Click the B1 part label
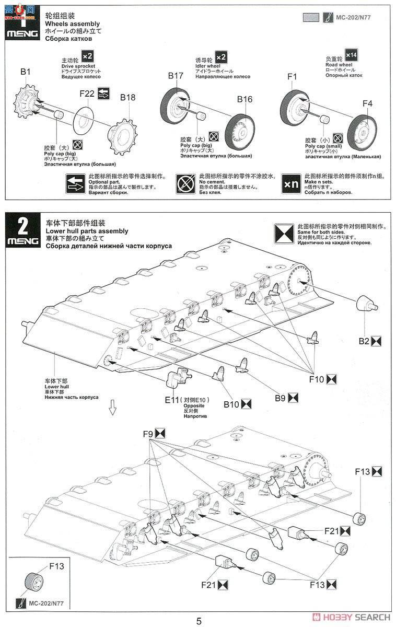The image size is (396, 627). tap(26, 71)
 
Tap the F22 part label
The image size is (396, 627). tap(87, 94)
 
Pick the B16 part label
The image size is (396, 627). tap(244, 99)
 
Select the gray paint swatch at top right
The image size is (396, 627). tap(311, 17)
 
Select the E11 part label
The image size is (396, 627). tap(172, 401)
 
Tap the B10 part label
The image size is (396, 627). tap(231, 403)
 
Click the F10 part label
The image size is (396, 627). tap(317, 380)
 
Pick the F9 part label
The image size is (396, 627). tap(147, 434)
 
